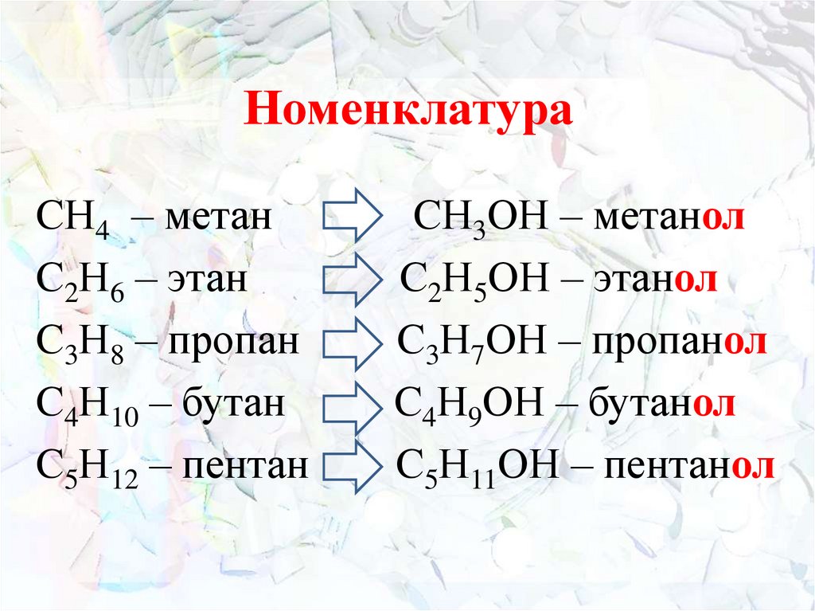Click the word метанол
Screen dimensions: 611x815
coord(669,217)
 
